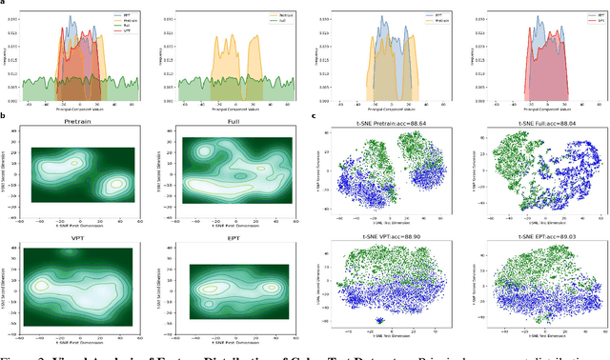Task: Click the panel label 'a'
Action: tap(4, 5)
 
